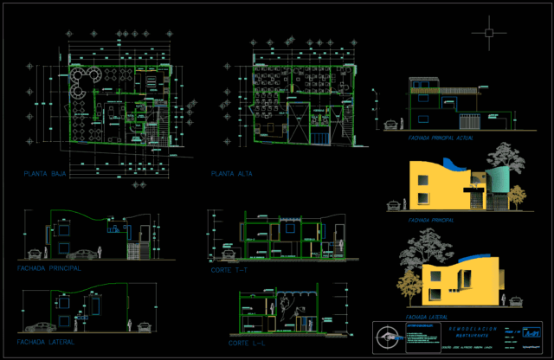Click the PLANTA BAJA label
pyautogui.click(x=47, y=175)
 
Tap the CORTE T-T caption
pyautogui.click(x=229, y=271)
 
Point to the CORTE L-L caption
pyautogui.click(x=247, y=344)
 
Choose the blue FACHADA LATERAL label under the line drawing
pyautogui.click(x=45, y=341)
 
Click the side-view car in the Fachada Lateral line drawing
pyautogui.click(x=39, y=327)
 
